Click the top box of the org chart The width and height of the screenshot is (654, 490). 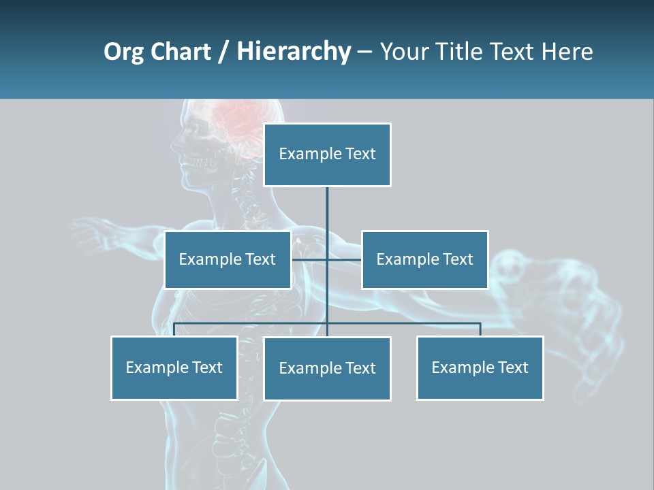pyautogui.click(x=327, y=154)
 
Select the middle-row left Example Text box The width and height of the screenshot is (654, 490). pyautogui.click(x=228, y=259)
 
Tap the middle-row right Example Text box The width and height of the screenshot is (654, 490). pyautogui.click(x=424, y=259)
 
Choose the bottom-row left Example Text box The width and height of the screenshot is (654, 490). pyautogui.click(x=174, y=367)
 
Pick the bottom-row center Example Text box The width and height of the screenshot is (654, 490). pyautogui.click(x=327, y=368)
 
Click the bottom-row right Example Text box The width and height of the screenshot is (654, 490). pyautogui.click(x=480, y=367)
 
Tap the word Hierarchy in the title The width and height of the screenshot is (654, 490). pyautogui.click(x=293, y=52)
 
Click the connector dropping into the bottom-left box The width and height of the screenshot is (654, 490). pyautogui.click(x=174, y=329)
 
